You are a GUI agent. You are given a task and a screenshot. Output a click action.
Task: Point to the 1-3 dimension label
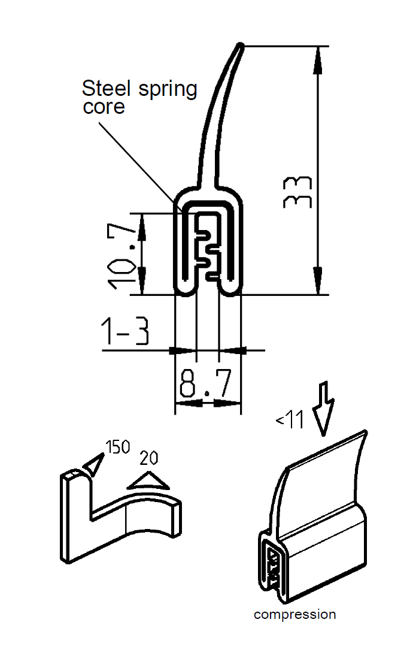pos(125,331)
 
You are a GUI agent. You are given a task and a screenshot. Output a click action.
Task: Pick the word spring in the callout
pos(167,90)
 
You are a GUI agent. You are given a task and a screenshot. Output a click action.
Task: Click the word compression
pos(294,614)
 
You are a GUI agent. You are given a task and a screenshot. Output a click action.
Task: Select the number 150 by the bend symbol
pos(117,447)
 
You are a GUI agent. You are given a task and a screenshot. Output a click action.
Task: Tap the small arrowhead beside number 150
pos(93,464)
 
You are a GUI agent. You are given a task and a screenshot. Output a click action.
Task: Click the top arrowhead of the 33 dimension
pos(317,57)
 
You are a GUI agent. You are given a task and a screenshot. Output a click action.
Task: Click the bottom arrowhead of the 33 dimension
pos(317,283)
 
